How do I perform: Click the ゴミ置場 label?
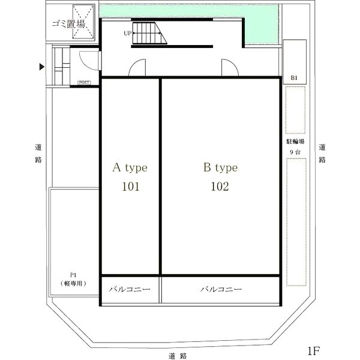[x=68, y=23]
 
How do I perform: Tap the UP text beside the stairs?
[x=127, y=33]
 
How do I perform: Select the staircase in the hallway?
[x=149, y=33]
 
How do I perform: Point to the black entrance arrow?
[x=42, y=67]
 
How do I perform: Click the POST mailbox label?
[x=84, y=83]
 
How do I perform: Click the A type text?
[x=130, y=168]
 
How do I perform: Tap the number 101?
[x=130, y=187]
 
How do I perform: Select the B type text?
[x=220, y=168]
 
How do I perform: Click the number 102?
[x=220, y=187]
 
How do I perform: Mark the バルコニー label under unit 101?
[x=130, y=289]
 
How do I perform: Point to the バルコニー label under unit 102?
[x=221, y=289]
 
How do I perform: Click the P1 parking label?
[x=73, y=275]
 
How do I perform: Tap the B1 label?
[x=294, y=78]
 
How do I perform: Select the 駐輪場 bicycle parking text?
[x=295, y=142]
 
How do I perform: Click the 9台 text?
[x=295, y=152]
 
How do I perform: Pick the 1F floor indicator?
[x=314, y=351]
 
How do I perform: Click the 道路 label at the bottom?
[x=178, y=356]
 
